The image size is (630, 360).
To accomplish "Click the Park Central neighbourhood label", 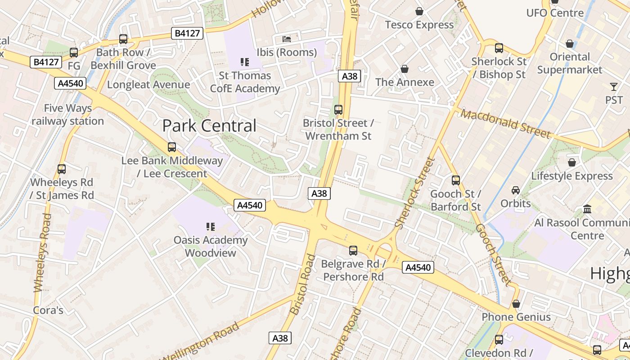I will pyautogui.click(x=209, y=126).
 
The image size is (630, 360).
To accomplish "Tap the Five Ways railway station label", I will pyautogui.click(x=67, y=115).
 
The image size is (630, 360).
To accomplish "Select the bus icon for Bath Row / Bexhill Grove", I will pyautogui.click(x=123, y=39).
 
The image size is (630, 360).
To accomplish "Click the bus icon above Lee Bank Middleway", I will pyautogui.click(x=171, y=147).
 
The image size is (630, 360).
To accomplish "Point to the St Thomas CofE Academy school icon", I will pyautogui.click(x=245, y=62).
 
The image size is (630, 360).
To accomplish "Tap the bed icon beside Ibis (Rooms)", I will pyautogui.click(x=287, y=39).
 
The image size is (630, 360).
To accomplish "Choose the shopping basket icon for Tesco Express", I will pyautogui.click(x=419, y=11).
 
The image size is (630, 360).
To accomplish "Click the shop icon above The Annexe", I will pyautogui.click(x=405, y=69).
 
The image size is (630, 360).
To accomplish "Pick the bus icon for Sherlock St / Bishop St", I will pyautogui.click(x=499, y=48).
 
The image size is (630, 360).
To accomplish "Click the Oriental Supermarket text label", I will pyautogui.click(x=569, y=63).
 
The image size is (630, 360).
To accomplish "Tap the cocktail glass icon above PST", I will pyautogui.click(x=614, y=86).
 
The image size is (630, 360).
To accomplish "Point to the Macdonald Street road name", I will pyautogui.click(x=505, y=124).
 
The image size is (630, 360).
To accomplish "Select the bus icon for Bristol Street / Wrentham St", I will pyautogui.click(x=338, y=109).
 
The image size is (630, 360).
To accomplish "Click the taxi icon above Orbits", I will pyautogui.click(x=516, y=190).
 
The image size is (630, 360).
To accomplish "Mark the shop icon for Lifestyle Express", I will pyautogui.click(x=571, y=162).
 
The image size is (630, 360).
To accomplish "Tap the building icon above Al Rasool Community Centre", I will pyautogui.click(x=587, y=209).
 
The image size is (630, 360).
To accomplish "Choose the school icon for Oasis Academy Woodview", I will pyautogui.click(x=210, y=226).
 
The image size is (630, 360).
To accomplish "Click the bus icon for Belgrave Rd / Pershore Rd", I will pyautogui.click(x=353, y=250).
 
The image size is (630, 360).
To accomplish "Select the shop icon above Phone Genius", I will pyautogui.click(x=516, y=304).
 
